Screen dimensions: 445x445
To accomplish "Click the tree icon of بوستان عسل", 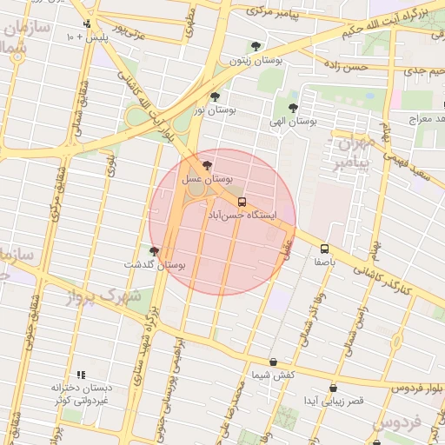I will click(x=206, y=165).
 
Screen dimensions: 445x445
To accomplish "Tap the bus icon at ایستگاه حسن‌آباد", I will click(x=242, y=202).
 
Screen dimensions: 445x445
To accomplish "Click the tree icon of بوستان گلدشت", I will click(x=155, y=251).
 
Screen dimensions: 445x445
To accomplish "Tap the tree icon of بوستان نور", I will click(x=215, y=96).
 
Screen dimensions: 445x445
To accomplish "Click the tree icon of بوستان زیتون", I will click(x=255, y=47).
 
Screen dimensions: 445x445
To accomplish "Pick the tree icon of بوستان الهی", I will click(x=291, y=108).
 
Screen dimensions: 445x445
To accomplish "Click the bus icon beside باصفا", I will click(x=324, y=249).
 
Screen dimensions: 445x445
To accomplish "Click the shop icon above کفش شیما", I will click(x=273, y=362).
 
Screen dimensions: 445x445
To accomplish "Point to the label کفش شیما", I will click(x=273, y=375).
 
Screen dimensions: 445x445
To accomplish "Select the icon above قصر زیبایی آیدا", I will click(x=333, y=389).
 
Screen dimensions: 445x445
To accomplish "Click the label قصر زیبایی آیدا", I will click(x=333, y=402).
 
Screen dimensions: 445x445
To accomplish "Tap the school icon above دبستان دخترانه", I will click(x=81, y=374).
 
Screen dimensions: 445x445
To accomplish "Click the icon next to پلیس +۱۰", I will click(x=87, y=24).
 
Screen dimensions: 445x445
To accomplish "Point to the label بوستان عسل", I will click(x=206, y=178).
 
